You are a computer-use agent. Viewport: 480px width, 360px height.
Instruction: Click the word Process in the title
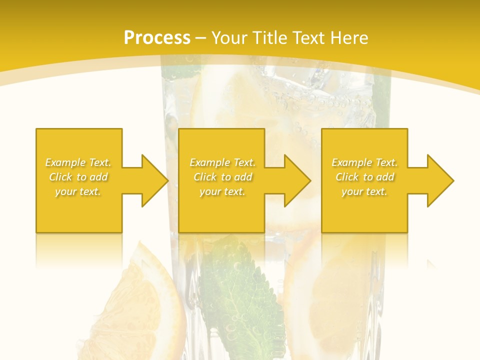tap(157, 38)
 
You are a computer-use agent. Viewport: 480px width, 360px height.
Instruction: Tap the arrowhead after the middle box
tap(297, 180)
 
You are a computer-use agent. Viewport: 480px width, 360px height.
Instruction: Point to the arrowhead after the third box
tap(440, 180)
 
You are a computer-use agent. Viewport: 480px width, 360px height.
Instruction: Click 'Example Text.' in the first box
tap(78, 162)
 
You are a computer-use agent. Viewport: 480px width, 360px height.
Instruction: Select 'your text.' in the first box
tap(78, 191)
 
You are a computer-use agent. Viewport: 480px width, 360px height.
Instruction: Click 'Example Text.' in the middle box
tap(222, 162)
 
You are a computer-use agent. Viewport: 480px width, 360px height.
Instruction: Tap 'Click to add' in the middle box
tap(222, 177)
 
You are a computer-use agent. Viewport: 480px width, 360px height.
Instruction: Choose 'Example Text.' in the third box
tap(364, 162)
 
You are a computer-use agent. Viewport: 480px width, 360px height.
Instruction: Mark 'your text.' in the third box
tap(364, 191)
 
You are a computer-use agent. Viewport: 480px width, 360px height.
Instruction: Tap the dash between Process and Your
tap(200, 38)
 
